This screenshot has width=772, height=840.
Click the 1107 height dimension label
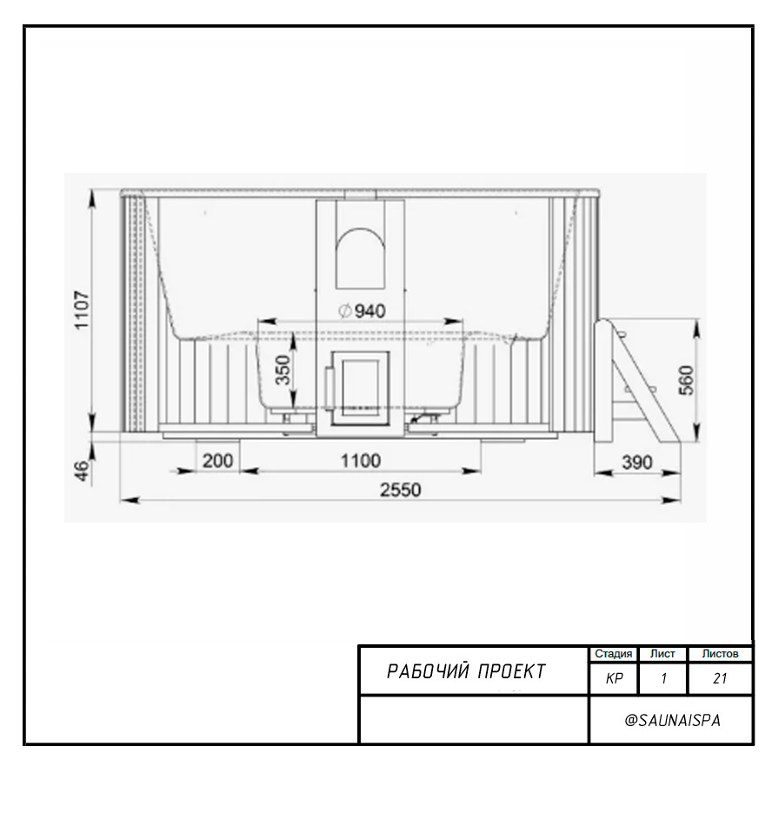[82, 310]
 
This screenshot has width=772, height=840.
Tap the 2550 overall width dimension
[400, 490]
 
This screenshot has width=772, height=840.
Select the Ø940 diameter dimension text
[363, 310]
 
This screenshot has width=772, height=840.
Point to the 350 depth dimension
[283, 370]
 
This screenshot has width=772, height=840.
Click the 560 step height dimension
[686, 380]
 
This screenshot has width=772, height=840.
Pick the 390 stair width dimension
[637, 462]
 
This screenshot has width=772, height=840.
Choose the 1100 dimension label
[361, 460]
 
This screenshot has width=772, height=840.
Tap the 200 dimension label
[217, 460]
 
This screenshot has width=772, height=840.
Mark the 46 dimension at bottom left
[82, 470]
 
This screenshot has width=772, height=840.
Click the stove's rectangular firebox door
[360, 388]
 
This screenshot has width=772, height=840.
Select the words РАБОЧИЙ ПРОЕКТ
[466, 671]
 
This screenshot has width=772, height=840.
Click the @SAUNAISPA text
[672, 720]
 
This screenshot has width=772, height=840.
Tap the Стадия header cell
[614, 654]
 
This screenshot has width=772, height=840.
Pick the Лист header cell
[662, 654]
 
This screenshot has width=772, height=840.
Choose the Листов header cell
[720, 654]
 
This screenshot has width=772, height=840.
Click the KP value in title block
[614, 678]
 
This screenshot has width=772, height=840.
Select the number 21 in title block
[720, 678]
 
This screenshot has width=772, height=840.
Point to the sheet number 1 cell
[663, 679]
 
